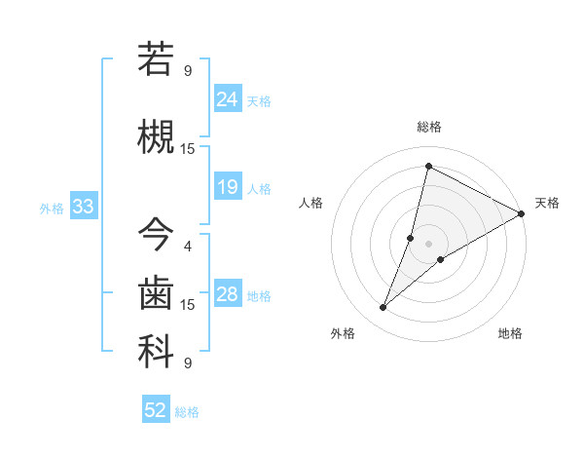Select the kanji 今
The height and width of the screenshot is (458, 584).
[156, 234]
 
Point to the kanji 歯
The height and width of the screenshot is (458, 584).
[156, 292]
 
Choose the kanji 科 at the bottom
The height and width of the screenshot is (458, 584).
[156, 352]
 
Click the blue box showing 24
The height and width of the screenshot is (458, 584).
[228, 98]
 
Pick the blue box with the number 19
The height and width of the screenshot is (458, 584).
[228, 186]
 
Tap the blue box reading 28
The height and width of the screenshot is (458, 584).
[228, 294]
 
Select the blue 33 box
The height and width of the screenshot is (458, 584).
[83, 207]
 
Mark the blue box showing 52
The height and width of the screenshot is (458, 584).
[156, 410]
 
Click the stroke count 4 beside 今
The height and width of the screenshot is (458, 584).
[188, 246]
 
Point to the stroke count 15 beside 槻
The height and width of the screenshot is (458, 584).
[188, 148]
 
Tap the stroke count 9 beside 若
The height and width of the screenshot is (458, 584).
[188, 70]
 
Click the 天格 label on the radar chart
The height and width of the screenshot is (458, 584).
[547, 203]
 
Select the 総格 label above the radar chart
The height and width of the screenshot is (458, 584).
[428, 127]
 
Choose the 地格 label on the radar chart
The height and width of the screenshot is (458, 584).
[510, 333]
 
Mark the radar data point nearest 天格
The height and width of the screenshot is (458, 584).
[522, 214]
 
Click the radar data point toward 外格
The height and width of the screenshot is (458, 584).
[383, 308]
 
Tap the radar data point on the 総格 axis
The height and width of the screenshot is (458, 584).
[428, 167]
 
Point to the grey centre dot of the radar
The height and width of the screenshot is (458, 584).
[428, 243]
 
